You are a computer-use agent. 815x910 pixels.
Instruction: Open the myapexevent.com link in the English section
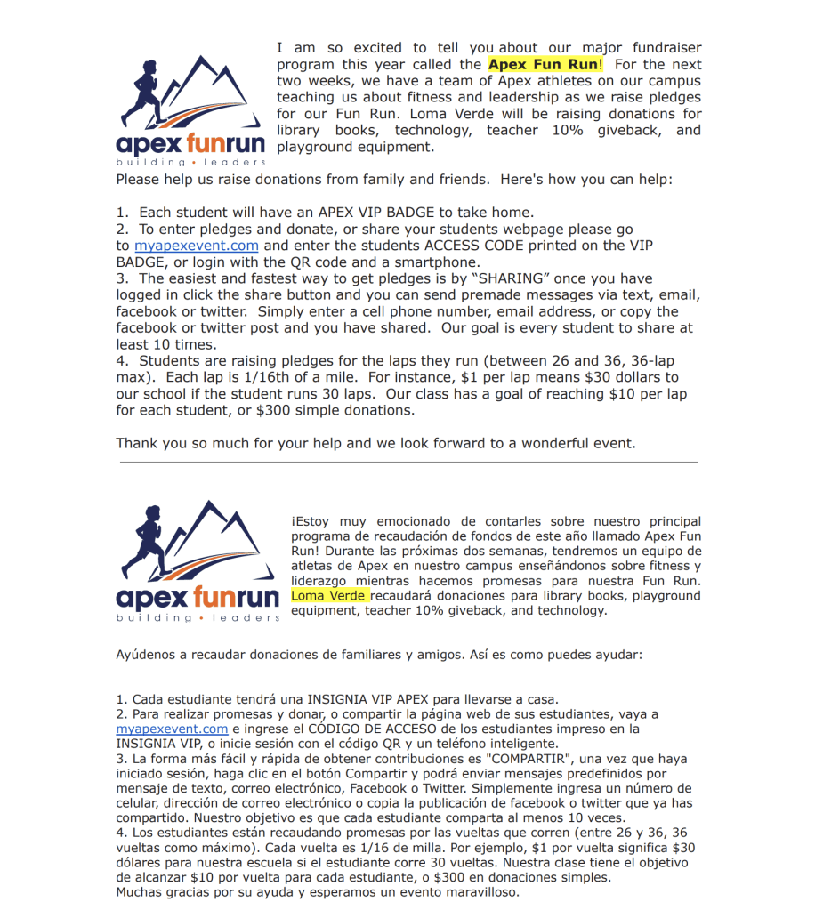(x=197, y=246)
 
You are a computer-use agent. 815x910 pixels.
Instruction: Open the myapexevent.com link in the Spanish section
(x=173, y=729)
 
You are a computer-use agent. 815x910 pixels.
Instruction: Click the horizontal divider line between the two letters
(x=408, y=463)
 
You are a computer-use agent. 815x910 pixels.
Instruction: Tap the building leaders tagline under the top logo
(x=190, y=163)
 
